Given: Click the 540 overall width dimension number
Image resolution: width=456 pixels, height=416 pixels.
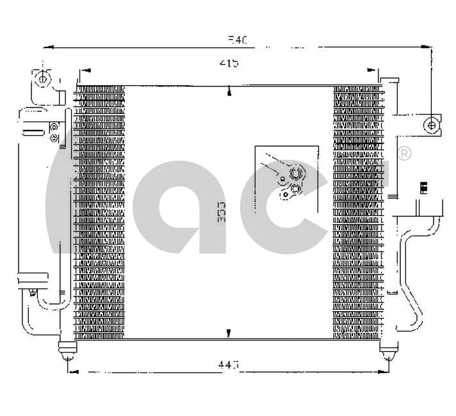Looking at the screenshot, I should [237, 40].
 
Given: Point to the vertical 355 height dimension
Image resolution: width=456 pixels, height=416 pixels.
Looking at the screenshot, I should [222, 212].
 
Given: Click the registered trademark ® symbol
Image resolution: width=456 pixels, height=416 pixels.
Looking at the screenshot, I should [405, 154].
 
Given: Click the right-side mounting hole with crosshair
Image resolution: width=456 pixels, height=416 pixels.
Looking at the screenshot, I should [433, 125].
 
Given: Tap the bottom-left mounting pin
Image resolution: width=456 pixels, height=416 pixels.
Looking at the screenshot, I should [66, 350].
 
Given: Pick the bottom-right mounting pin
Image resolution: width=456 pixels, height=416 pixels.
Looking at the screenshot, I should [387, 350].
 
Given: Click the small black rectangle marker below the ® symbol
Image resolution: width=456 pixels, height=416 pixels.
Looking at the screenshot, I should [422, 187].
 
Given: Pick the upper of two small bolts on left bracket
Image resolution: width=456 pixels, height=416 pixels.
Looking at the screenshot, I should [54, 126].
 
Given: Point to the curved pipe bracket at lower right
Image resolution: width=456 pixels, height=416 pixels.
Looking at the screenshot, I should [416, 269].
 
